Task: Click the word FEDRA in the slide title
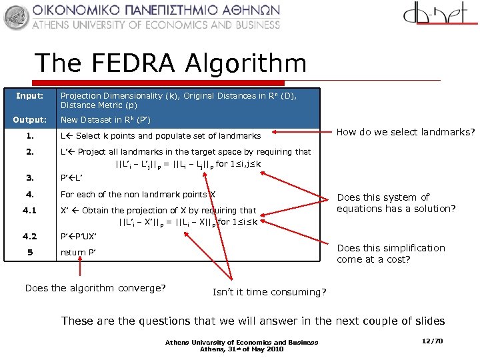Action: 136,63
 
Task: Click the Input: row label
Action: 29,95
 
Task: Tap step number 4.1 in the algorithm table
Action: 29,210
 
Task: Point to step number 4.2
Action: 29,236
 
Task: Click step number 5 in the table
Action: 29,252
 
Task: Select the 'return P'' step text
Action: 78,252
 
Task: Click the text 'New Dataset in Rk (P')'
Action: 105,120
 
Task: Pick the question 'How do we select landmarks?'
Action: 405,132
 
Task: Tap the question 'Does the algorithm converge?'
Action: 95,288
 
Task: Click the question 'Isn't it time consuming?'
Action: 269,292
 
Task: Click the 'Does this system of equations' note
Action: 396,203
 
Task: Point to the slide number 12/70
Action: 433,341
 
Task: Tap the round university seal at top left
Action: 16,17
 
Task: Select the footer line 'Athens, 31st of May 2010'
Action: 241,348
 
